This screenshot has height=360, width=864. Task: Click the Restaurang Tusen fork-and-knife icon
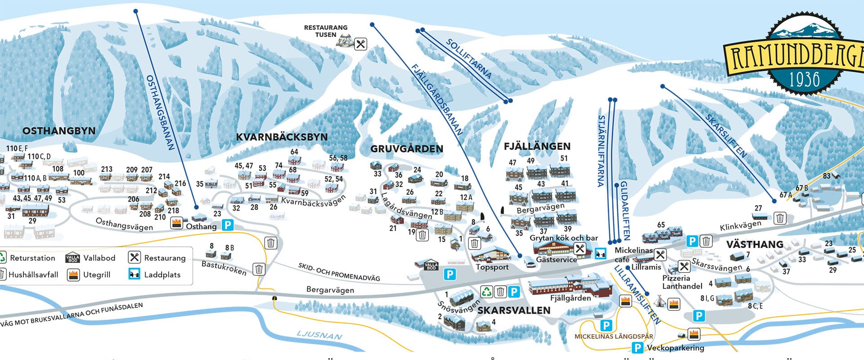[360, 44]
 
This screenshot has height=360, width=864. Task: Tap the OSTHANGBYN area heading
[59, 131]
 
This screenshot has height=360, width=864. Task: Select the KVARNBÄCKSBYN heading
[282, 137]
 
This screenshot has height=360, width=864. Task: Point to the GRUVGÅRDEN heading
[407, 149]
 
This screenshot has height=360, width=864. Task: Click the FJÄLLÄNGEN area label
[537, 146]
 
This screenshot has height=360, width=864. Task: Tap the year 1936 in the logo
[804, 80]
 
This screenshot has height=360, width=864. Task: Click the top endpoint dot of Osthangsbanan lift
[135, 11]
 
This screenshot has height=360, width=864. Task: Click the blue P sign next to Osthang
[228, 225]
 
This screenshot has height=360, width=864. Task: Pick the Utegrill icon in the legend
[73, 274]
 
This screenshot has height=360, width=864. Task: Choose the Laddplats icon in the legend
[134, 274]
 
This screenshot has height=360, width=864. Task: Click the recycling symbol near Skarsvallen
[486, 292]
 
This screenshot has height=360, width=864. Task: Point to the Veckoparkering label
[675, 348]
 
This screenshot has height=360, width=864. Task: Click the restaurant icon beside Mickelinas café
[660, 255]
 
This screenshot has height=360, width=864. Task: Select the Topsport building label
[492, 267]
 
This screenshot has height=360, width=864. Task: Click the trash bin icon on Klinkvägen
[780, 218]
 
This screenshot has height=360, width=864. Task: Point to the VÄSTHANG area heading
[755, 244]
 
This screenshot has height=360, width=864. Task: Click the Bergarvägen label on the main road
[330, 290]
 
